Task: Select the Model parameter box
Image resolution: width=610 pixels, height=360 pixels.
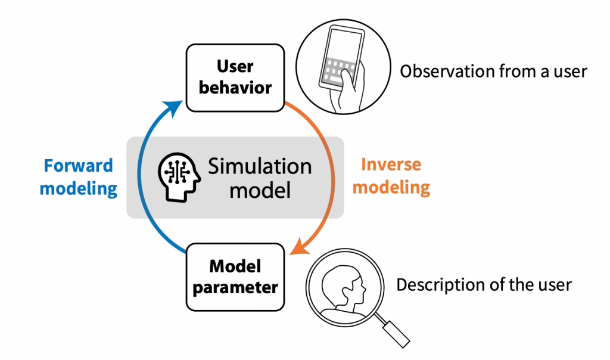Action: click(x=235, y=277)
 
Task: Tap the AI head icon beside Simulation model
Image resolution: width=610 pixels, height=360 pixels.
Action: click(x=176, y=177)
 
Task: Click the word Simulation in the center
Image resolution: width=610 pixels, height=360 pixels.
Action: click(x=260, y=166)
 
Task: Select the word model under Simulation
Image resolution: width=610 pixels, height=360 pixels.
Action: click(x=260, y=190)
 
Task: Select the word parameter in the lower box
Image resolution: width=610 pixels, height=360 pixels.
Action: click(x=235, y=287)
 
